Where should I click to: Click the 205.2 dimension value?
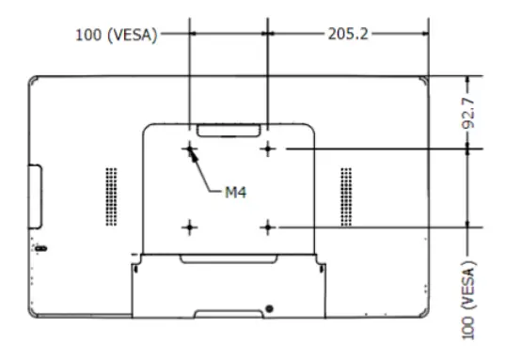click(347, 34)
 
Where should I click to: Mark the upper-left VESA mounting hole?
click(191, 149)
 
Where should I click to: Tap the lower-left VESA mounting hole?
click(191, 227)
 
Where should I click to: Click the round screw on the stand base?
click(270, 308)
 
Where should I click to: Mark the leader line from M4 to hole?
click(209, 170)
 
